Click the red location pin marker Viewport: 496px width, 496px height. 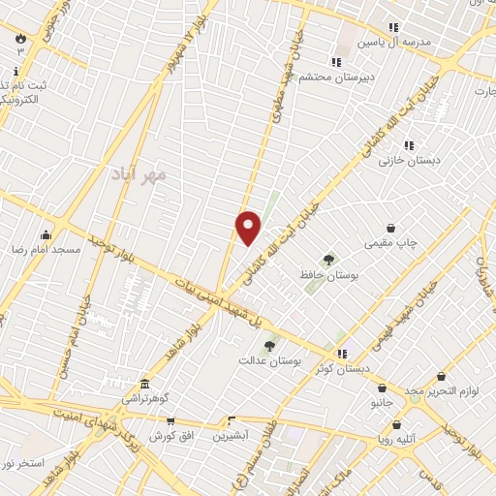(248, 228)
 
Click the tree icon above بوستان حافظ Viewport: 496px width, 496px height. (328, 260)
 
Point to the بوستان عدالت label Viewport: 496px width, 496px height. (271, 360)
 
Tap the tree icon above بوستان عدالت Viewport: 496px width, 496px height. (269, 344)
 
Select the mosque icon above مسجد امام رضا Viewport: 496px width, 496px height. (46, 233)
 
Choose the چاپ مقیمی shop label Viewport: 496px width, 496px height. (390, 244)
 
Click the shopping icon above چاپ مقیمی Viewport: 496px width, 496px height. (390, 229)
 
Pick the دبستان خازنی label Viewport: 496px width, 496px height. (409, 160)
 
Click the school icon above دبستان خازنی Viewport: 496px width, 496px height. (409, 145)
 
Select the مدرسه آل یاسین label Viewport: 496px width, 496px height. (392, 43)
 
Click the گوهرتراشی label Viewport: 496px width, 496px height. (145, 398)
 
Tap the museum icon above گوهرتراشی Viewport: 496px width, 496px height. (145, 383)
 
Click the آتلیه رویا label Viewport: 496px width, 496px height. (397, 438)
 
